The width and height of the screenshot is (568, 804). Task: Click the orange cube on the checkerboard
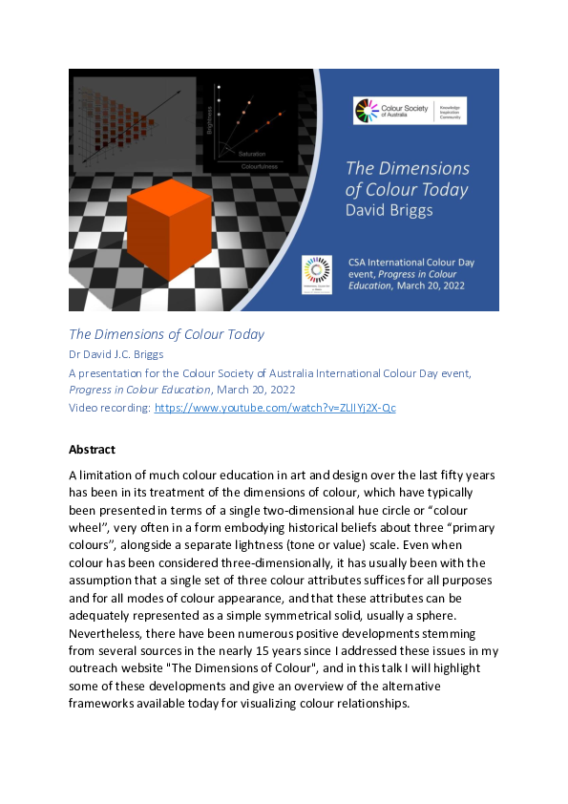169,228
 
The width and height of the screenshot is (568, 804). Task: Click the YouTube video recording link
275,408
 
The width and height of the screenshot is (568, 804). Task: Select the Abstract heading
92,449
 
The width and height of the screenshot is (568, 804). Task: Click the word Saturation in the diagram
252,154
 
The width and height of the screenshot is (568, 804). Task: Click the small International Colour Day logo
316,274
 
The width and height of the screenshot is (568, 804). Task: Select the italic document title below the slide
166,334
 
